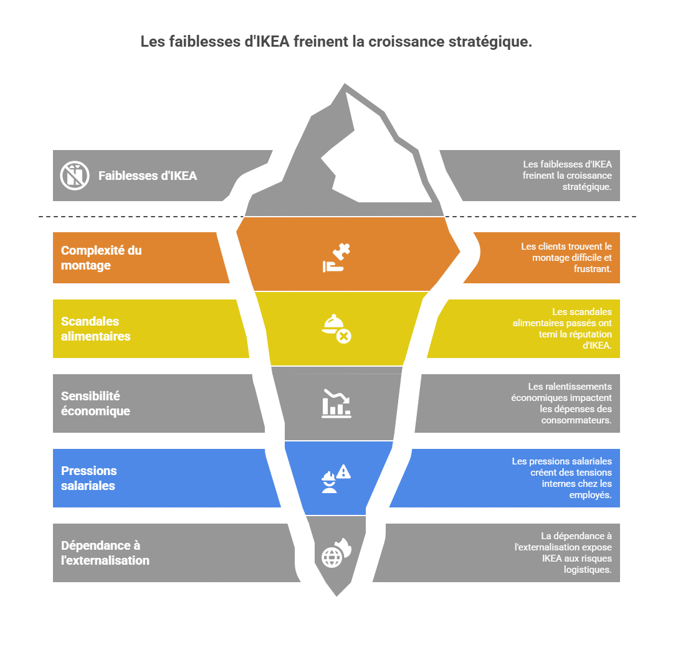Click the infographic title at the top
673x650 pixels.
[x=336, y=42]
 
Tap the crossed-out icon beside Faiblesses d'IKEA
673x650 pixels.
[x=75, y=176]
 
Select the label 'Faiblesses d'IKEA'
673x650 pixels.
[x=148, y=176]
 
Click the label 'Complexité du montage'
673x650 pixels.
[x=102, y=258]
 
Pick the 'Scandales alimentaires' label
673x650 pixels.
[x=95, y=329]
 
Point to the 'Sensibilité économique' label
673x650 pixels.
[x=95, y=403]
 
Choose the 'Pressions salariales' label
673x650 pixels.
[x=89, y=478]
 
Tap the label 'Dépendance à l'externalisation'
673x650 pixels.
[x=105, y=553]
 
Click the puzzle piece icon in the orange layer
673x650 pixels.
[x=336, y=258]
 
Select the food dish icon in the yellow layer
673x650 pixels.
[x=336, y=329]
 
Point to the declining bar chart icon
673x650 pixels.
[x=336, y=403]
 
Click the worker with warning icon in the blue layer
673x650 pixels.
[x=336, y=479]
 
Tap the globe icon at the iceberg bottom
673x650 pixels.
[x=336, y=553]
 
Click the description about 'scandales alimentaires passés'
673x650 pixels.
[x=562, y=329]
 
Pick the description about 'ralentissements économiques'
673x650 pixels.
[x=561, y=403]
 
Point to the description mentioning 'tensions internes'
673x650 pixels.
[x=562, y=478]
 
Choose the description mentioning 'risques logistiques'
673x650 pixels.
[x=563, y=553]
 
